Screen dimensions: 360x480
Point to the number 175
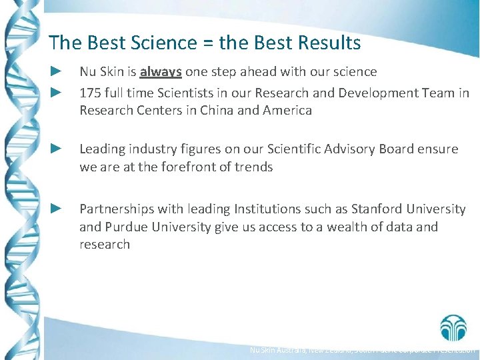(91, 93)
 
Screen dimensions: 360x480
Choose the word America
(286, 111)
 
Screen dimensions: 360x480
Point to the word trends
(253, 167)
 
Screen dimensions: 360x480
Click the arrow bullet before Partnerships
(57, 209)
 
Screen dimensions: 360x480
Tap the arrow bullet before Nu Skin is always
(57, 71)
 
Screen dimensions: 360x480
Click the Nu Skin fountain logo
(453, 327)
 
